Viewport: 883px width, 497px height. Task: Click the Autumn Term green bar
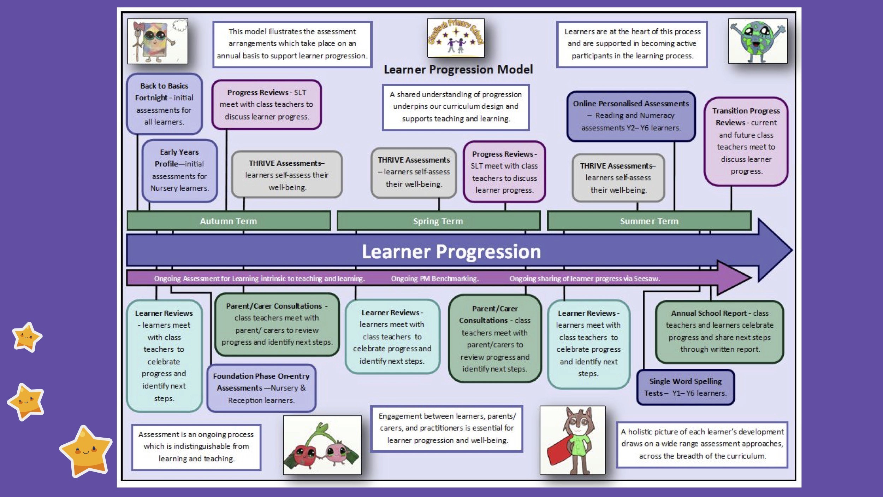(229, 221)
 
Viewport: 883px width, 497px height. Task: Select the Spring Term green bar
(438, 221)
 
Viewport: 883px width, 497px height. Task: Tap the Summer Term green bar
(649, 221)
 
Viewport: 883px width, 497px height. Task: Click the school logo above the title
(456, 38)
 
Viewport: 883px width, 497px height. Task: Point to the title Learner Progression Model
(458, 70)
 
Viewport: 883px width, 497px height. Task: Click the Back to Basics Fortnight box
(164, 104)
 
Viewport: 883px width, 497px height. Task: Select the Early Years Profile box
(179, 170)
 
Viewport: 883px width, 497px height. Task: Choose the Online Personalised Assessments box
(631, 116)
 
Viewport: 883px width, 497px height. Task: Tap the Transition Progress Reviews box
(746, 141)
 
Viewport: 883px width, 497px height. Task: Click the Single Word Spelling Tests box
(685, 387)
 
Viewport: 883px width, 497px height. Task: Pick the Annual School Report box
(719, 332)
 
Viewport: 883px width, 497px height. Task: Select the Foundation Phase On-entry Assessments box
(261, 388)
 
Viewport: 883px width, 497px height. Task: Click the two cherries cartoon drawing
(322, 445)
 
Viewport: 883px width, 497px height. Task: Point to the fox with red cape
(573, 440)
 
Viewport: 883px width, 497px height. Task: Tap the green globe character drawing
(758, 41)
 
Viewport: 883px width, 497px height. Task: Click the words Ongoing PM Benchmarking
(435, 279)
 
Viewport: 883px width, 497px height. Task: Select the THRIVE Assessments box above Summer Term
(618, 178)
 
